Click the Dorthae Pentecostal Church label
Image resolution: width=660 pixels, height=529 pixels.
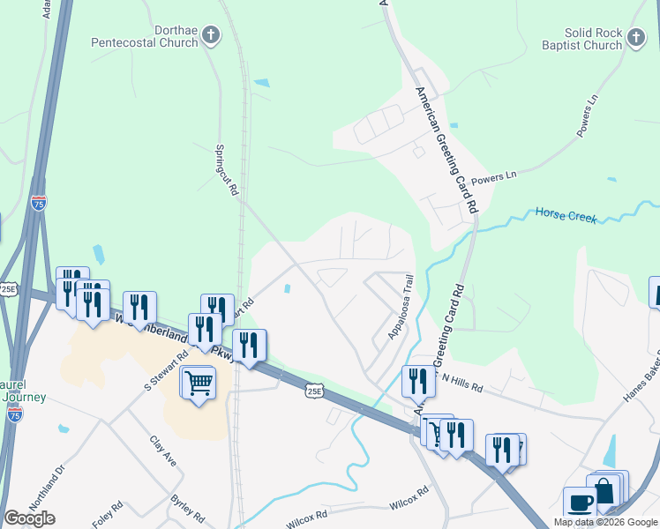click(146, 36)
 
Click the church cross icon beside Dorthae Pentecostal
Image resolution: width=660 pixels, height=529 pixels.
click(210, 35)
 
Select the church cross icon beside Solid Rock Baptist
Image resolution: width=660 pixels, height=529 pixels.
click(635, 36)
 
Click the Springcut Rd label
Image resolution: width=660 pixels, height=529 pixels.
click(229, 171)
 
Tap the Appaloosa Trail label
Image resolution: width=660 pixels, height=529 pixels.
click(400, 308)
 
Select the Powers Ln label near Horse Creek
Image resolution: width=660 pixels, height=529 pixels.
click(494, 178)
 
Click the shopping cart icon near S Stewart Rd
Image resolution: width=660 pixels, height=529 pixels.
click(199, 383)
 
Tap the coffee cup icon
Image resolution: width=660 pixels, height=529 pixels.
click(580, 502)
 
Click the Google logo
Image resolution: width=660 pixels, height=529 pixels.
click(29, 518)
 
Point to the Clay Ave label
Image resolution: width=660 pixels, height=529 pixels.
click(163, 452)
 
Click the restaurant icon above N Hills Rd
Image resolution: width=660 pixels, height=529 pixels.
click(418, 380)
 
